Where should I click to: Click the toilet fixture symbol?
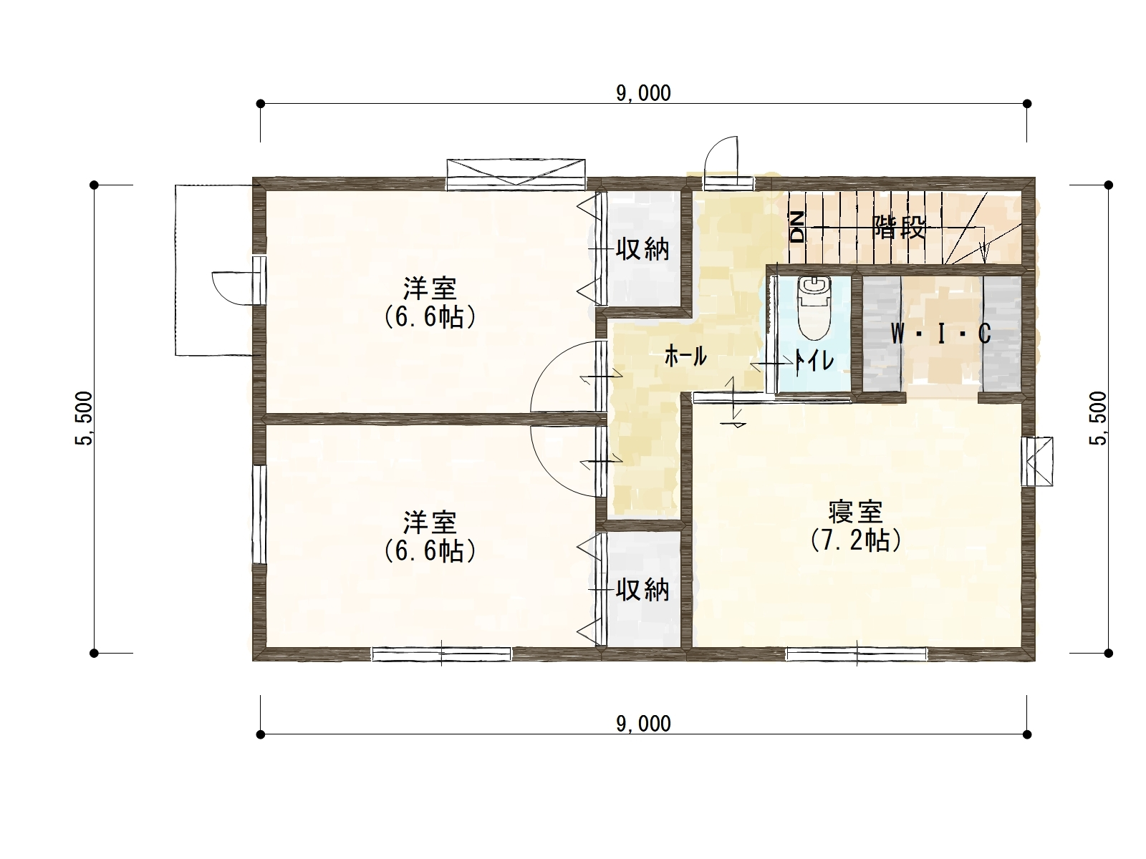tap(814, 309)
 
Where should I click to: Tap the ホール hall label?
tap(685, 356)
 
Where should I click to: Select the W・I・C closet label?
tap(941, 334)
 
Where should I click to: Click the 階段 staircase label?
tap(899, 228)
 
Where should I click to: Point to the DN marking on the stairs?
tap(797, 228)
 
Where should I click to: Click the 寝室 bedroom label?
tap(855, 512)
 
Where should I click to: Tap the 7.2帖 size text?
tap(856, 540)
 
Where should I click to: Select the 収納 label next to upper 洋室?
tap(642, 249)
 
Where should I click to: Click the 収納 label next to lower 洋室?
tap(642, 591)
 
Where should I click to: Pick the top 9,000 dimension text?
tap(643, 93)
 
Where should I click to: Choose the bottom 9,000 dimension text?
tap(643, 724)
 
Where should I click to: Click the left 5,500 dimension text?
tap(84, 418)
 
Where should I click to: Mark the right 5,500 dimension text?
tap(1098, 418)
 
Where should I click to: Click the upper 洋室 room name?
tap(430, 288)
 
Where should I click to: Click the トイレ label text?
tap(814, 360)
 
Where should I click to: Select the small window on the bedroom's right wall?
tap(1037, 461)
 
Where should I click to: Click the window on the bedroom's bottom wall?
tap(857, 654)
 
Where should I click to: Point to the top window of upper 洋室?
tap(516, 174)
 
